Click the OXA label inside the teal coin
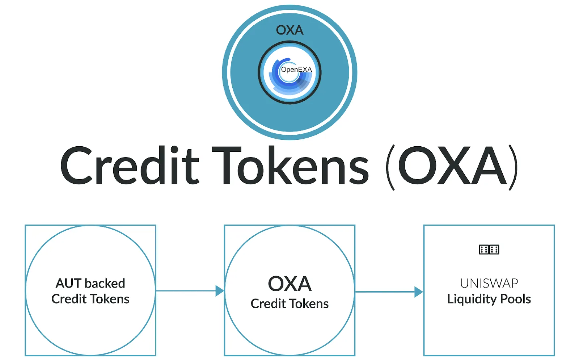tap(289, 30)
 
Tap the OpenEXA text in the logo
tap(296, 70)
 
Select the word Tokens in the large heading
tap(290, 165)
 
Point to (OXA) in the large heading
tap(452, 167)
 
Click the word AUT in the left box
tap(68, 283)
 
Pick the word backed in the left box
tap(105, 283)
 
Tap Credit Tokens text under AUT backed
tap(90, 299)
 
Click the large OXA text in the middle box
tap(290, 284)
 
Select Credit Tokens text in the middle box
tap(289, 304)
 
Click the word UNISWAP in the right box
tap(489, 284)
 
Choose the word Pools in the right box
tap(515, 299)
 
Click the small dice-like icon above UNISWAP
tap(489, 250)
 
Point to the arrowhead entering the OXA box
tap(220, 291)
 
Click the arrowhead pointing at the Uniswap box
tap(419, 292)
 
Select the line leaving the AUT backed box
tap(186, 291)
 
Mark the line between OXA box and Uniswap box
tap(385, 292)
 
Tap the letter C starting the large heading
tap(76, 165)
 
